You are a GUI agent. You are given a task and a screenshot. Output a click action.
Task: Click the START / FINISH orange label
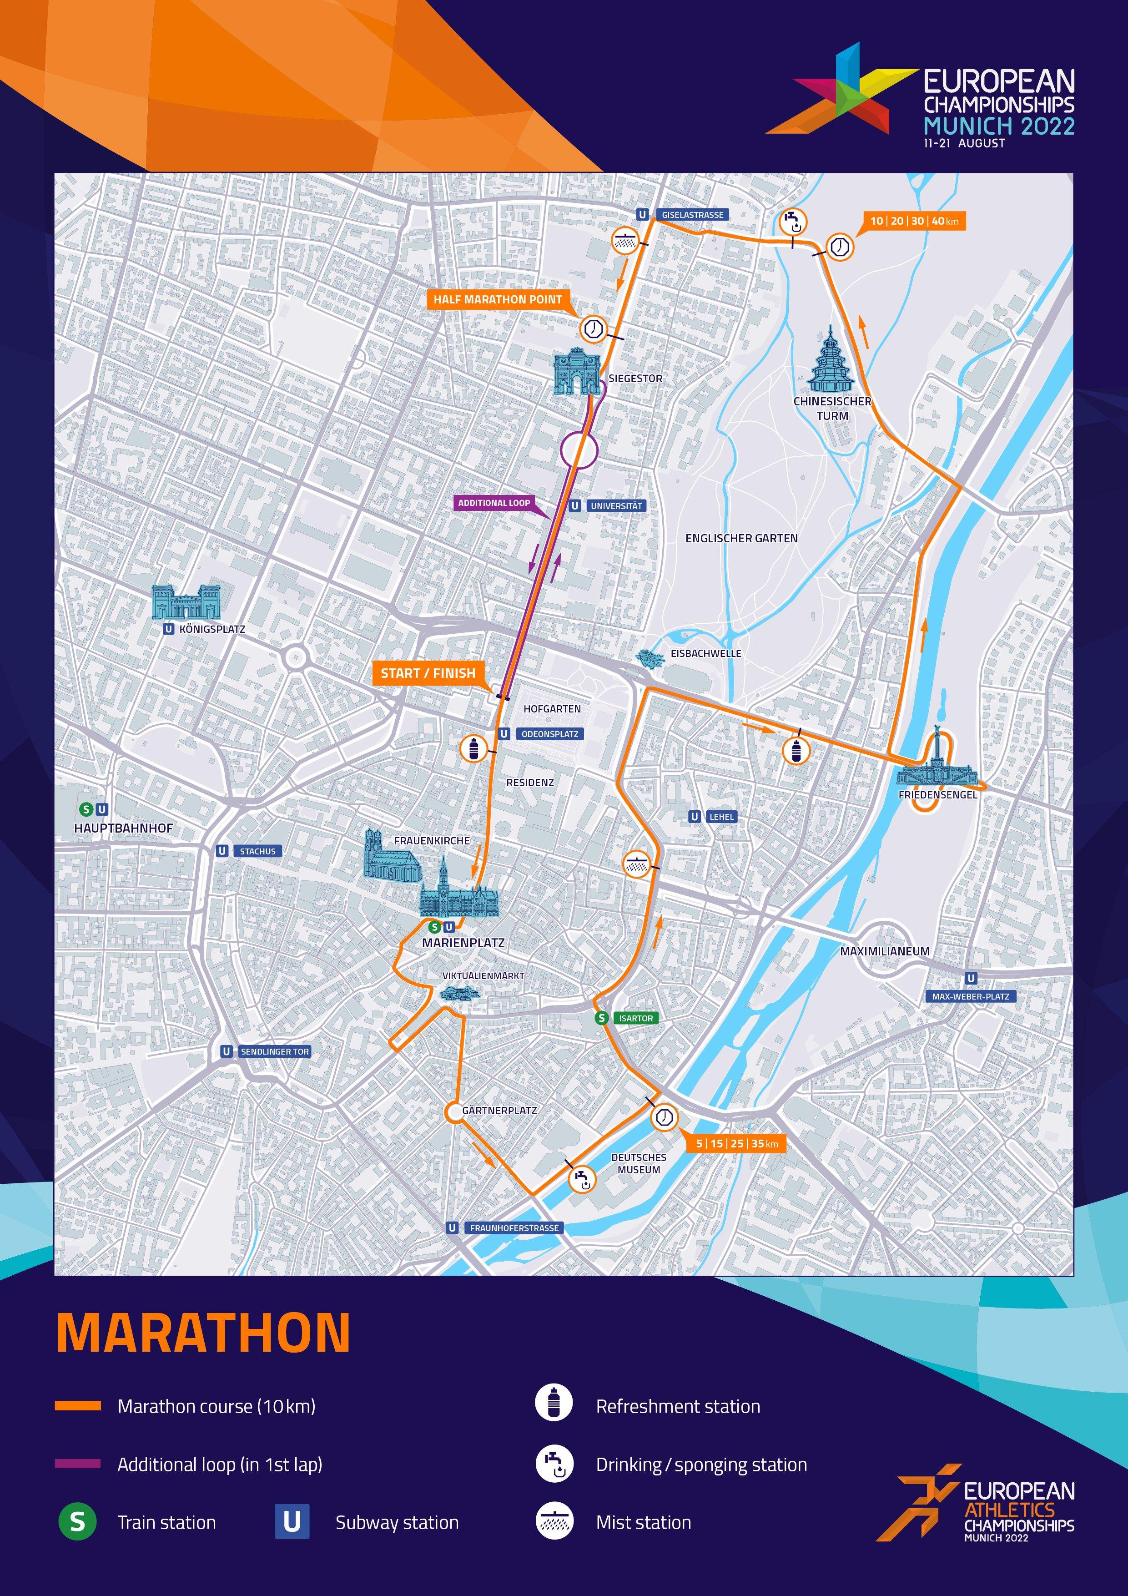tap(428, 673)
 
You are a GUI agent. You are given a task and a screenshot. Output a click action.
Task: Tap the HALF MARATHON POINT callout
tap(498, 300)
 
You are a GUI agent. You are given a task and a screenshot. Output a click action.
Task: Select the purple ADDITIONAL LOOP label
tap(493, 503)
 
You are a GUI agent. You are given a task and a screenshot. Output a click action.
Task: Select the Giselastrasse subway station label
tap(692, 215)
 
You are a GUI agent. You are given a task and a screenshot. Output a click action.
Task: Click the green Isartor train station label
tap(635, 1018)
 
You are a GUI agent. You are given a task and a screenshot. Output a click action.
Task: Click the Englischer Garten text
tap(741, 538)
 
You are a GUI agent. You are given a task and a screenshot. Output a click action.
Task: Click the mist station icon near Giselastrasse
tap(625, 241)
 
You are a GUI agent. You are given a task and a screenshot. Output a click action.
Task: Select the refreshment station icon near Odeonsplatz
tap(474, 749)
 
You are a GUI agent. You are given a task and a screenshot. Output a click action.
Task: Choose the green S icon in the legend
tap(78, 1522)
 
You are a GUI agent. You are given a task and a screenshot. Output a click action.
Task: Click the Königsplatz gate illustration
tap(186, 602)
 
